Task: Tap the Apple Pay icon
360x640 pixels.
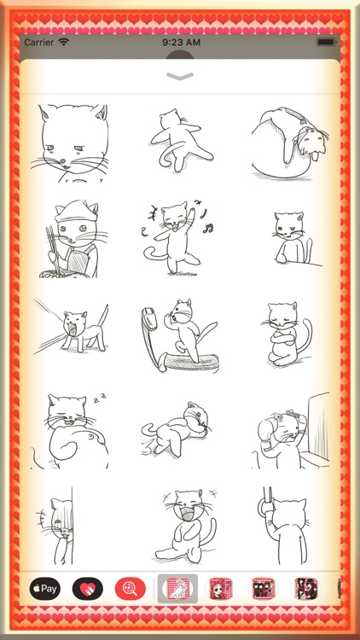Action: [45, 588]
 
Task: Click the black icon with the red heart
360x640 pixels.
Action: [87, 588]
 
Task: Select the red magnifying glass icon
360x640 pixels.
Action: [130, 588]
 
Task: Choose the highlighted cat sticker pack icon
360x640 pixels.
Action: [177, 588]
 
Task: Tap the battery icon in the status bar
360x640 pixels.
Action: [326, 42]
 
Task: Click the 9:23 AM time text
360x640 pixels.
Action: [179, 42]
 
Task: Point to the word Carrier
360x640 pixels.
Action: [38, 42]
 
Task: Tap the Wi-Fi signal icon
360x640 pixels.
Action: [64, 42]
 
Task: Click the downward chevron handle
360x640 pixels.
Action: [180, 77]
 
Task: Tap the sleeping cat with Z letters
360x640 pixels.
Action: [72, 431]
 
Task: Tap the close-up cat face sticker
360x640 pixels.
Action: [73, 143]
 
